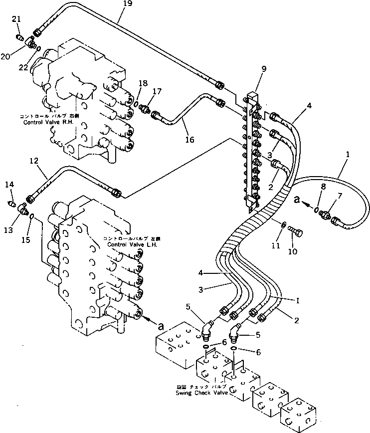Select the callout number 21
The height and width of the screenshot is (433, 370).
16,19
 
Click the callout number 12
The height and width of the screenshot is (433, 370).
34,161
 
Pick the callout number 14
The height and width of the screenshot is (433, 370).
9,185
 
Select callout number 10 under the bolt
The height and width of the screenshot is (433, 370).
292,251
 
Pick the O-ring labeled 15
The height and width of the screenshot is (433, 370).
32,216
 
